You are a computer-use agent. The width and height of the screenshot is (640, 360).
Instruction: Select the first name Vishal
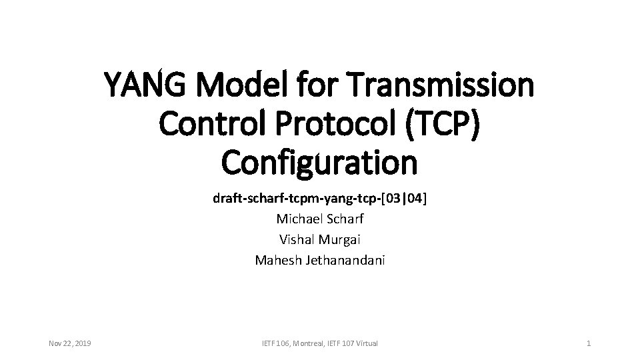[x=296, y=239]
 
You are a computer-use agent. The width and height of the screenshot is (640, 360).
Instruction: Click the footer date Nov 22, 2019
[x=71, y=343]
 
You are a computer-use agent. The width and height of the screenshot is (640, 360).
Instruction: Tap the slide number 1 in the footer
[x=588, y=343]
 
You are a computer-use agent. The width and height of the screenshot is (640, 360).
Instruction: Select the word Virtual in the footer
[x=365, y=343]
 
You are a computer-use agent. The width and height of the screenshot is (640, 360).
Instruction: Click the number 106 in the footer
[x=281, y=343]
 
